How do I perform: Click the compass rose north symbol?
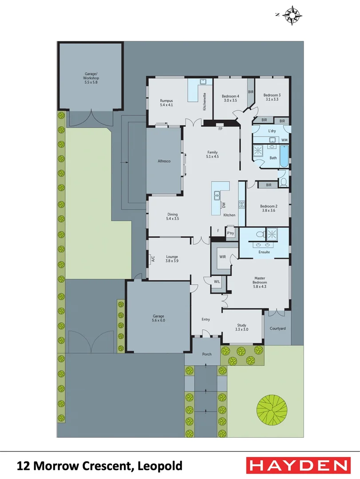[292, 15]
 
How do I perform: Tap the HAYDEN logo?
[297, 466]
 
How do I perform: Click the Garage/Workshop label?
[91, 78]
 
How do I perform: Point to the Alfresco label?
[164, 161]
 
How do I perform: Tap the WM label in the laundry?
[285, 140]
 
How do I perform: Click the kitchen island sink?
[218, 194]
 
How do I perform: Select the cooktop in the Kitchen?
[242, 204]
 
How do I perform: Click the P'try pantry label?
[230, 233]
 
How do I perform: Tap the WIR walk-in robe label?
[222, 256]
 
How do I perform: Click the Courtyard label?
[277, 329]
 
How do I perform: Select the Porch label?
[207, 354]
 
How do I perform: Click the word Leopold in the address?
[160, 466]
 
